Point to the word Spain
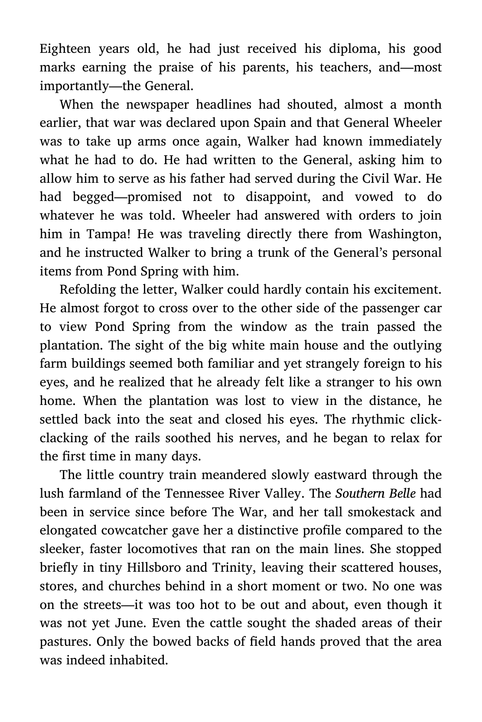coord(270,123)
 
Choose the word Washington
coord(405,234)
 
